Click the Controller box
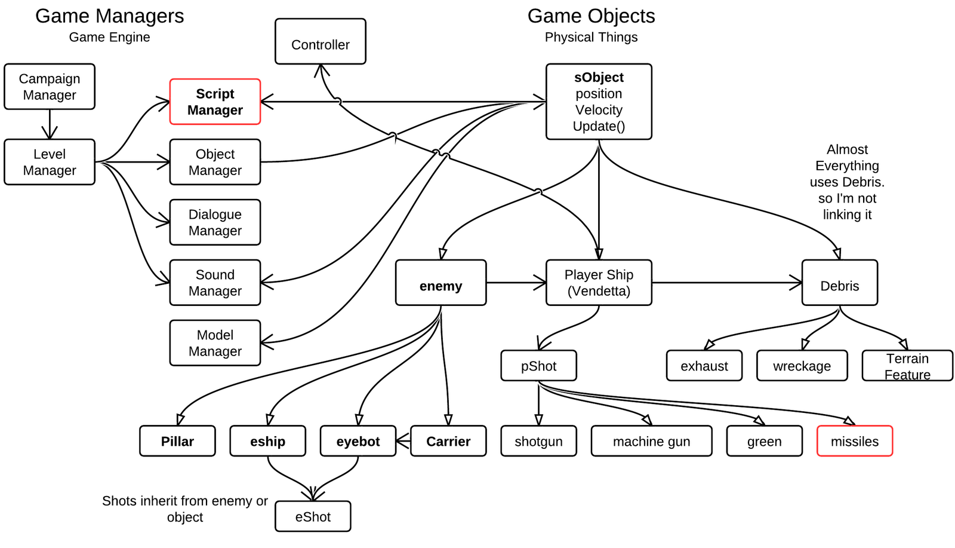320,41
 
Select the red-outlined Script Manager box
215,102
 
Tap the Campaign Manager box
50,87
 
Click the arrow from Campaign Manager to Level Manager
50,125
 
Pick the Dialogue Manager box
215,222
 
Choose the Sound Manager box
215,283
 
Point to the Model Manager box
215,343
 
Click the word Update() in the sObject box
599,127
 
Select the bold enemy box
440,283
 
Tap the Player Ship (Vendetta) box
599,283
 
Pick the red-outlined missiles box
854,441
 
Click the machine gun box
651,441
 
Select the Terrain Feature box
907,366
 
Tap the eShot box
313,516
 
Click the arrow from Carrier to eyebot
403,442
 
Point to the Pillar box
177,441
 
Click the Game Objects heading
591,16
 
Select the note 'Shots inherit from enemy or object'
184,509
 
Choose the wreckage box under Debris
802,366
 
